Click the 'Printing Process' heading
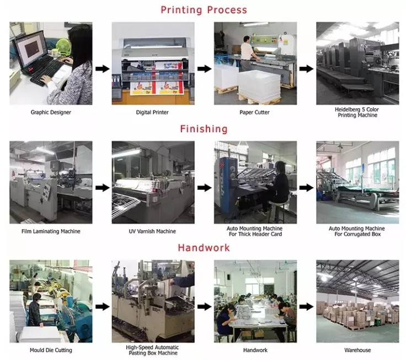click(204, 10)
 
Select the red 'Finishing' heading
click(204, 129)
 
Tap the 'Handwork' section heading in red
click(204, 248)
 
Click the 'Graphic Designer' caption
click(51, 112)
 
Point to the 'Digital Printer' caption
click(152, 112)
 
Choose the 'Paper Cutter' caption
click(254, 112)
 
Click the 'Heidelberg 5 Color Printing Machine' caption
click(357, 112)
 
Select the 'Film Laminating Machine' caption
click(51, 231)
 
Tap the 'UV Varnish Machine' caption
click(152, 231)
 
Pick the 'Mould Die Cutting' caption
click(51, 350)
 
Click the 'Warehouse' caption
click(357, 350)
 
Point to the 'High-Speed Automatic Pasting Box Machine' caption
click(152, 350)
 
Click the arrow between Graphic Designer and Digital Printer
click(101, 68)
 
